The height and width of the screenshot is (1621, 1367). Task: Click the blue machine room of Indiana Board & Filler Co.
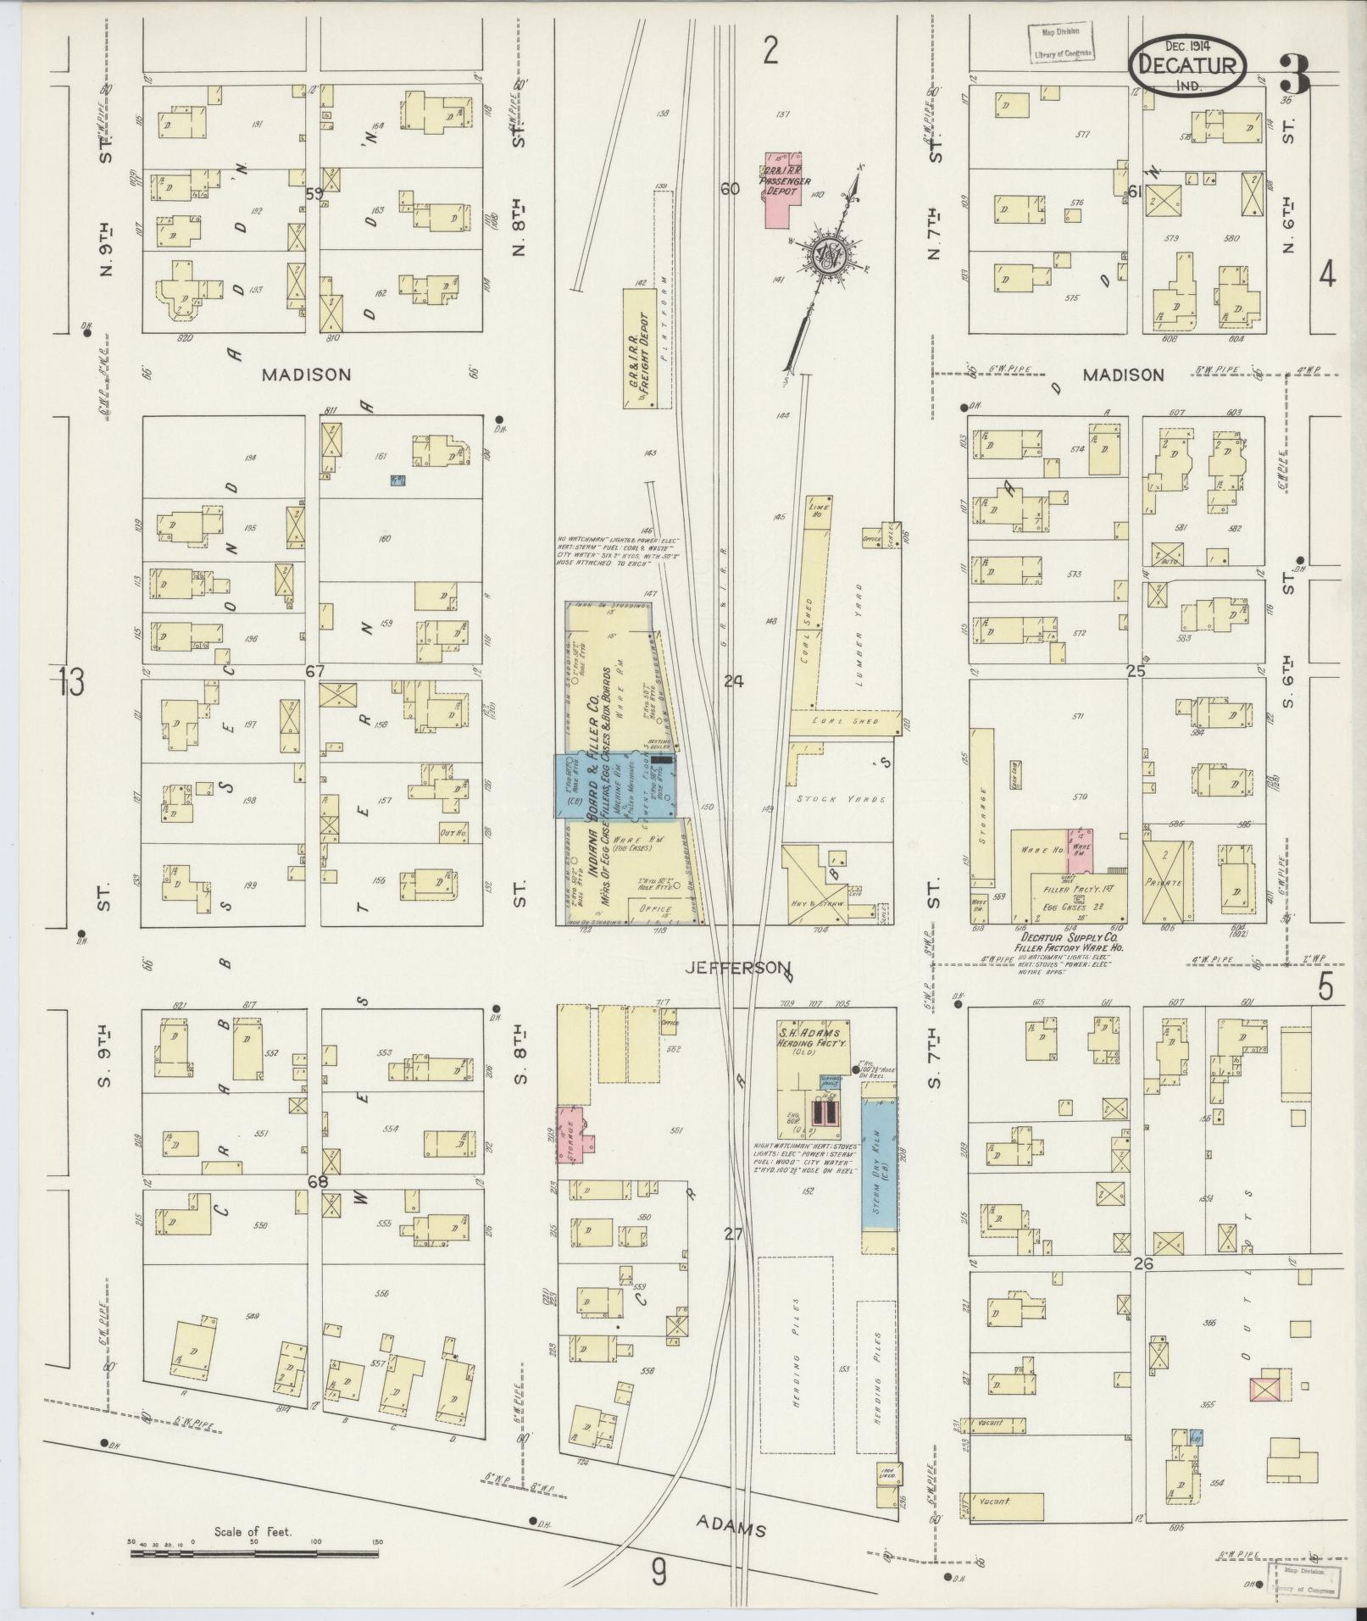(614, 786)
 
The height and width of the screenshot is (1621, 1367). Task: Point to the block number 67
(315, 671)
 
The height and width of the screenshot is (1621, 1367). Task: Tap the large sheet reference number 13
(72, 682)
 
